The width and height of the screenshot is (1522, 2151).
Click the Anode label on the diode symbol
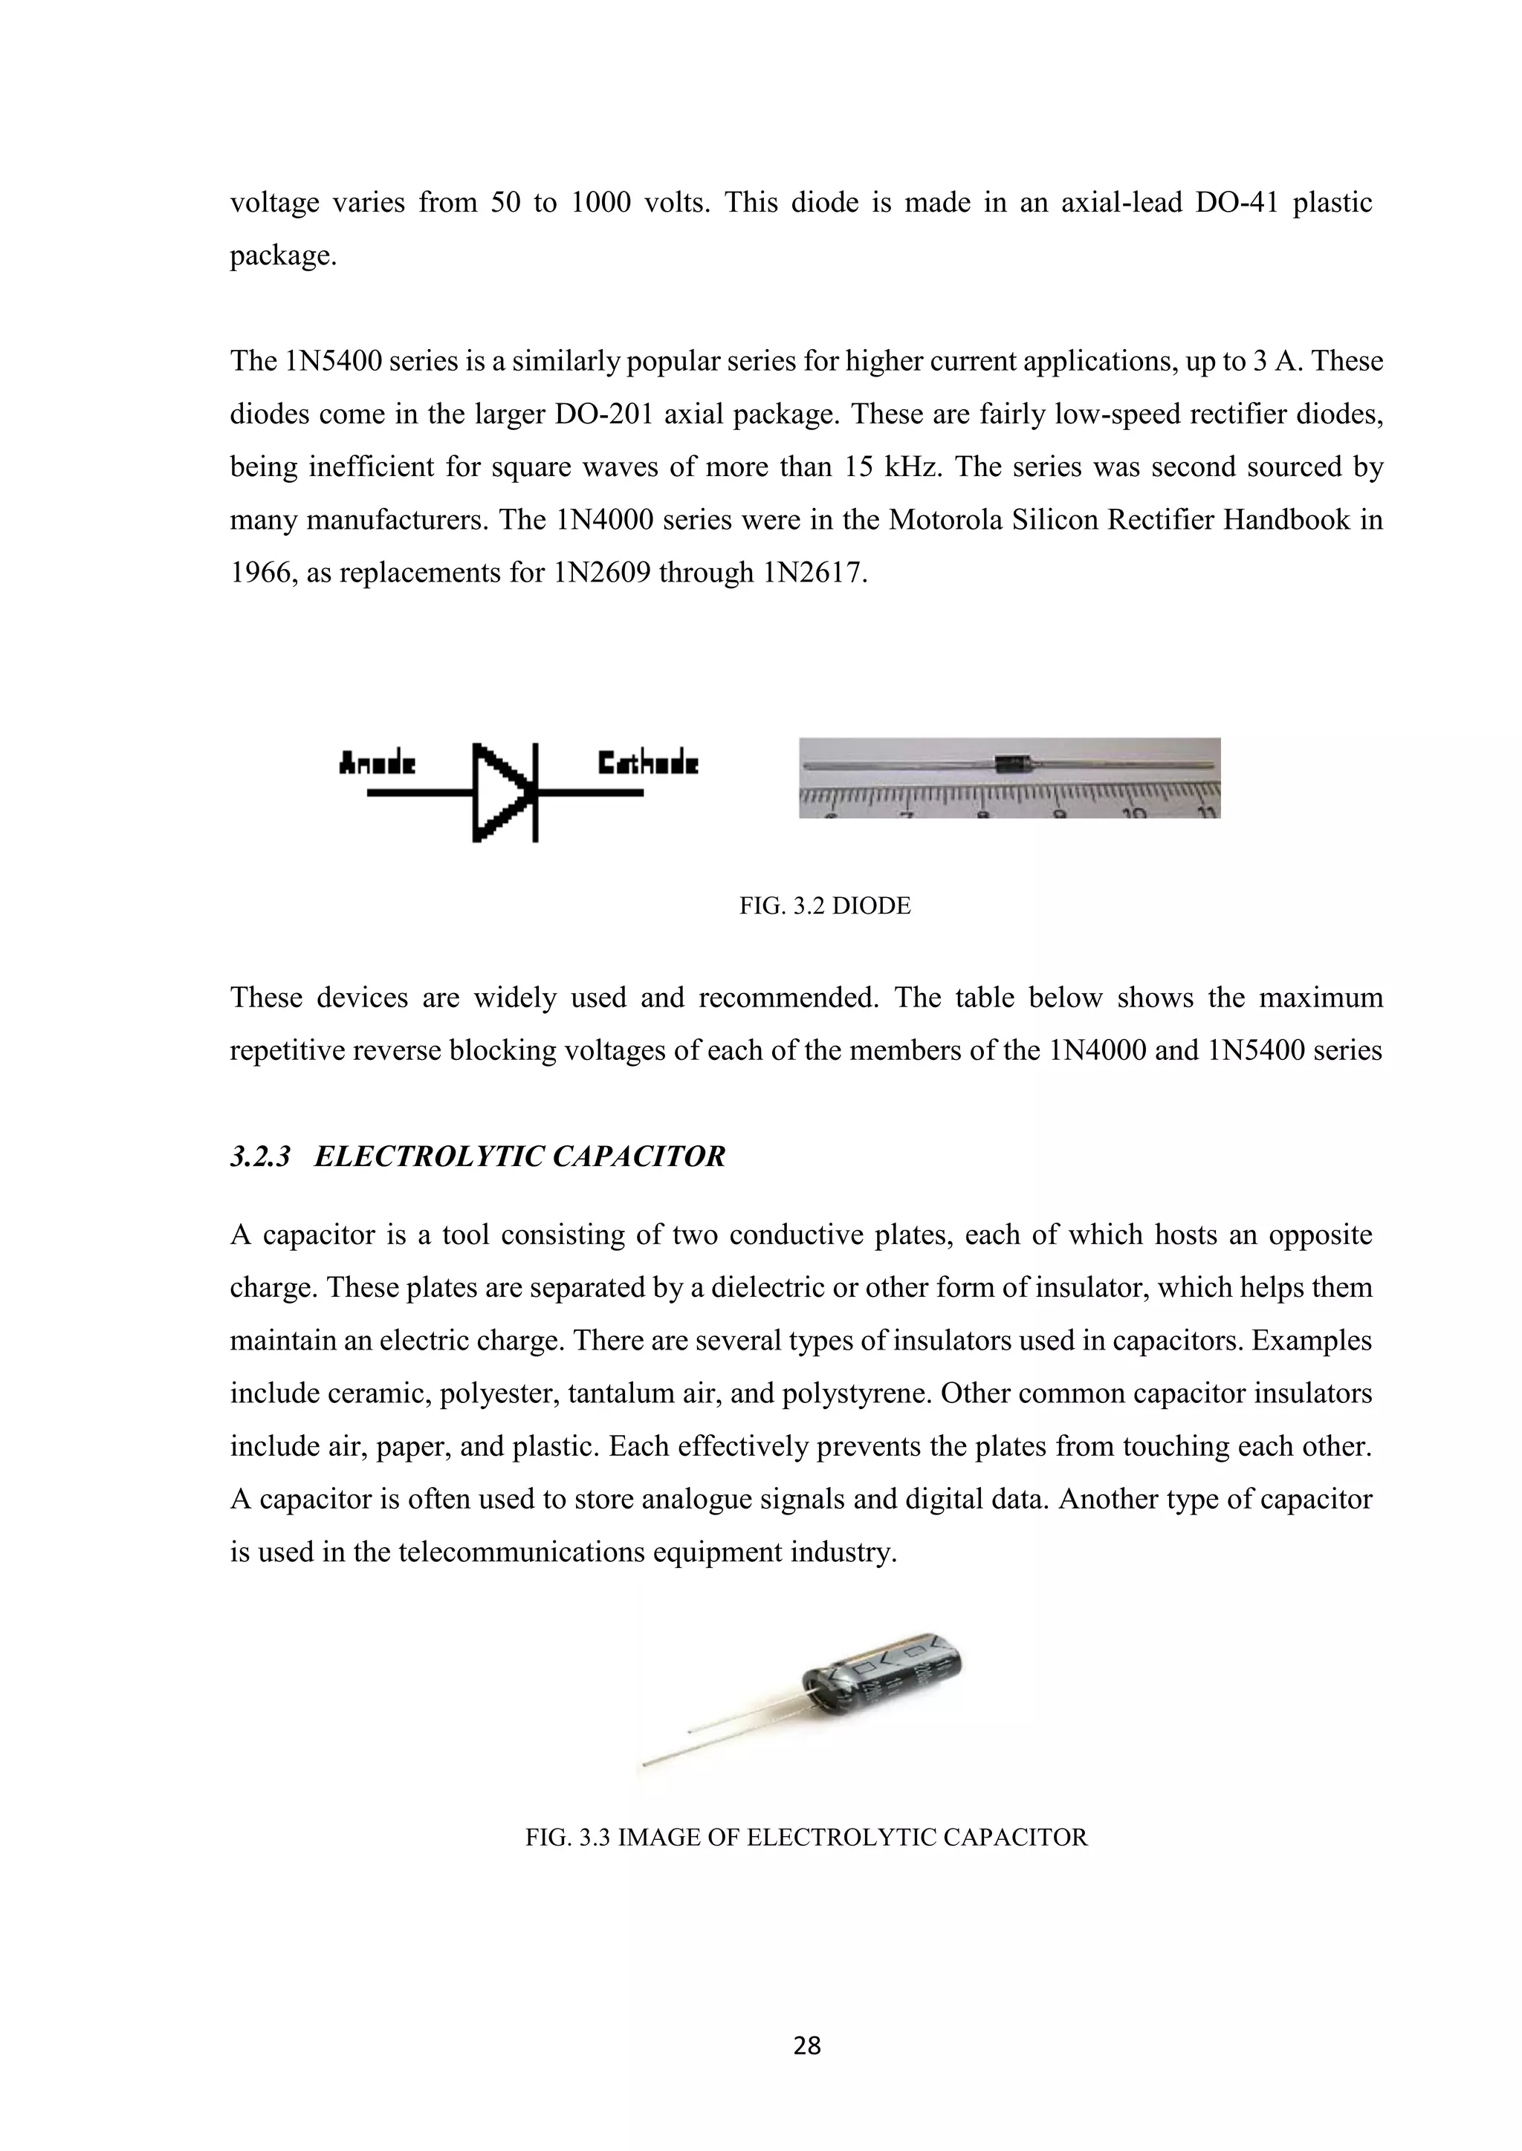tap(377, 764)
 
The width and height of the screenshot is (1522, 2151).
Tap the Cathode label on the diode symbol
tap(647, 764)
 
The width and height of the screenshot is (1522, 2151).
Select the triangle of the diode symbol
tap(499, 793)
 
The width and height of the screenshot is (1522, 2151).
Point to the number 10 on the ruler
tap(1135, 811)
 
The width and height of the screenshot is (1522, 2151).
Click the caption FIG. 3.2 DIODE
tap(825, 906)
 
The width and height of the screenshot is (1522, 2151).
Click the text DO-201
tap(603, 414)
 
